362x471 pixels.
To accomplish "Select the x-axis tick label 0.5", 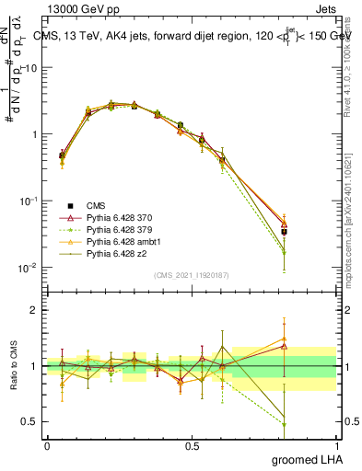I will tap(192, 445).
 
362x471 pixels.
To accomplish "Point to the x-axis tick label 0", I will tap(47, 445).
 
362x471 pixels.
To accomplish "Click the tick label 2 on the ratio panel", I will tap(33, 310).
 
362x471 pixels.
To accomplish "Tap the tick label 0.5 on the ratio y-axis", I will tap(29, 423).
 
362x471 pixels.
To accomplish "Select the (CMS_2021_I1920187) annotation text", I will tap(191, 274).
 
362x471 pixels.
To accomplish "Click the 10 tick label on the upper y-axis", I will tap(31, 68).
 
